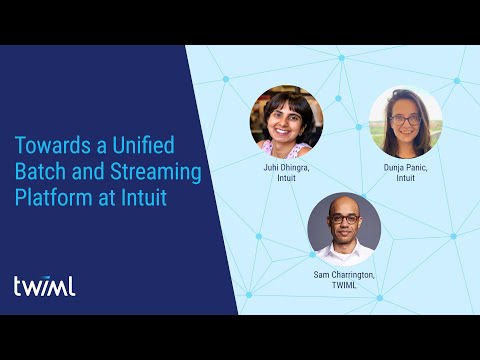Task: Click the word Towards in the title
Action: click(x=52, y=147)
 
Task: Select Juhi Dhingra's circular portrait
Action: click(x=286, y=122)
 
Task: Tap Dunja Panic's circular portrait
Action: click(x=406, y=122)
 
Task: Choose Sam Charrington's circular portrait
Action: click(x=344, y=229)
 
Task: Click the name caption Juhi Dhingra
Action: click(x=286, y=169)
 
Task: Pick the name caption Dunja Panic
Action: click(x=406, y=169)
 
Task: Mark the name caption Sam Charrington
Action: click(x=344, y=275)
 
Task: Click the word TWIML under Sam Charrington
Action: click(x=344, y=286)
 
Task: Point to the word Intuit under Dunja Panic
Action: click(x=406, y=180)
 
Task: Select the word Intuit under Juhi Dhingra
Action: click(x=286, y=180)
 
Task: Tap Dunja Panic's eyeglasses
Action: click(x=406, y=120)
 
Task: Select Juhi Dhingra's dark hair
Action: click(x=286, y=98)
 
